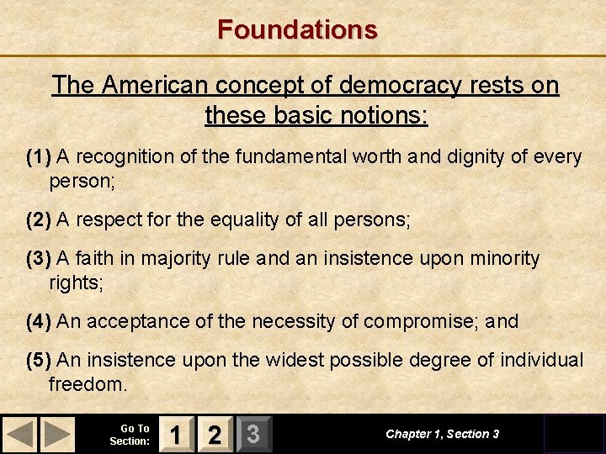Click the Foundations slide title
[297, 29]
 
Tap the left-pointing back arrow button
[21, 434]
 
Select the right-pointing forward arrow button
[56, 434]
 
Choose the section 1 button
[175, 434]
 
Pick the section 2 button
[215, 434]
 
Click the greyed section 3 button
[252, 434]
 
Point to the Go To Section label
[130, 435]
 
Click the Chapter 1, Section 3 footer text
[442, 434]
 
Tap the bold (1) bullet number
[39, 157]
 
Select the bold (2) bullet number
[39, 220]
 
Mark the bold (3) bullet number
[39, 259]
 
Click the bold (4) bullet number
[39, 321]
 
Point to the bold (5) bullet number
[39, 361]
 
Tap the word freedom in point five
[88, 385]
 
